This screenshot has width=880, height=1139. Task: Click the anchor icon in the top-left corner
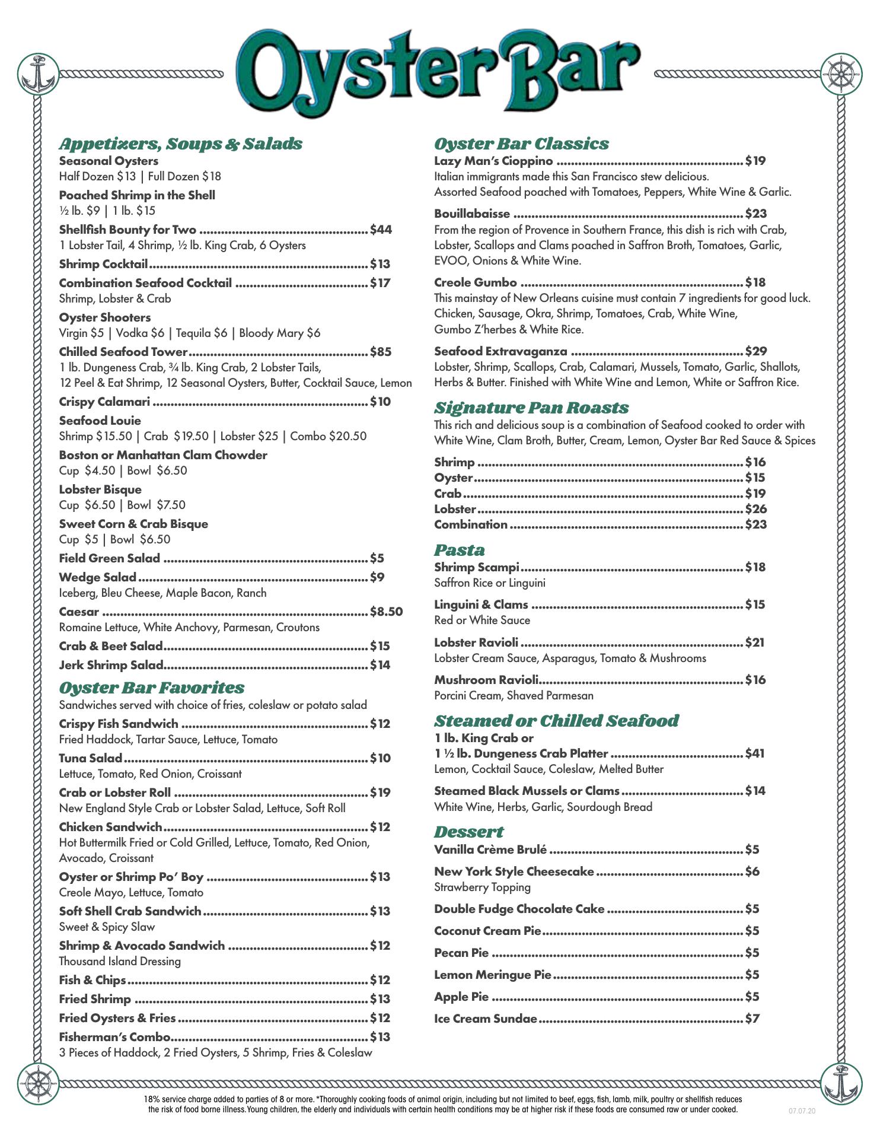38,74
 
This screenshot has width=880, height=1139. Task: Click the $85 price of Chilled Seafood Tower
381,352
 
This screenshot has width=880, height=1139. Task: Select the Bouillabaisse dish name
472,214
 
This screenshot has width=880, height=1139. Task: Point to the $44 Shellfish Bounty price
381,230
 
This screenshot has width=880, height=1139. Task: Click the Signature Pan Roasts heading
531,408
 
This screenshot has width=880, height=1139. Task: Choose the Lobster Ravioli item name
476,642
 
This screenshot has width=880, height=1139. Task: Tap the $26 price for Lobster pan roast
755,509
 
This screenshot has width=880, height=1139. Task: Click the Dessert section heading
468,832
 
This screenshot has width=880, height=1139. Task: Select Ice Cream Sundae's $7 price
752,1019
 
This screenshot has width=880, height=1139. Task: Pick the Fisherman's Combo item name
114,1037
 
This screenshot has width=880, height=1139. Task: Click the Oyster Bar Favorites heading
152,688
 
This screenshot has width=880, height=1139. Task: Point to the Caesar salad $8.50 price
386,612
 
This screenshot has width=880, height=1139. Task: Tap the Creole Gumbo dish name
476,282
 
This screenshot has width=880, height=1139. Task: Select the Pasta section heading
459,550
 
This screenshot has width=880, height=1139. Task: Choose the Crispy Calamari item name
104,402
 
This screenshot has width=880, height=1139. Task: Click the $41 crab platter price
754,753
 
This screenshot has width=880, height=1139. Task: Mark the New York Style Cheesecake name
514,871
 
